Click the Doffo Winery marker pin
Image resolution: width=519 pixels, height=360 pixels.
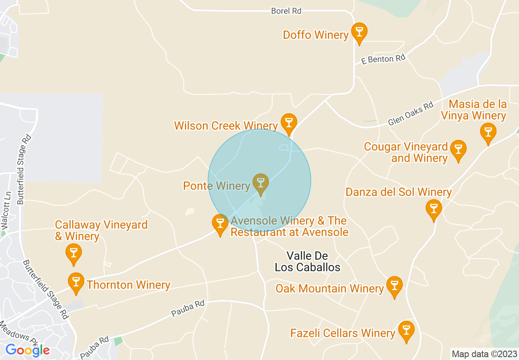click(359, 33)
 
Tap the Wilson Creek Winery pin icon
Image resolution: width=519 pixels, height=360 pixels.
click(289, 123)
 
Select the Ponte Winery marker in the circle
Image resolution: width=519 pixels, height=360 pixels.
click(260, 183)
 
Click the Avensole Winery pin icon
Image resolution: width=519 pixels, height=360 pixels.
click(220, 224)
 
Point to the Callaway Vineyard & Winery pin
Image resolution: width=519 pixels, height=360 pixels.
click(74, 254)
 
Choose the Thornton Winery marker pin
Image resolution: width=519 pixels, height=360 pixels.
click(76, 282)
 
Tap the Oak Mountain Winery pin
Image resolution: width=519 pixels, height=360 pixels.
click(395, 286)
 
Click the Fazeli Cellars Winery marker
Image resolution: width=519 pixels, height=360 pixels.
click(406, 331)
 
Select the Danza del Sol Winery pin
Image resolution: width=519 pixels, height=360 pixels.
click(433, 209)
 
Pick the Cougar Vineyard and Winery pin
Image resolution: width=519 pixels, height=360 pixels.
click(458, 150)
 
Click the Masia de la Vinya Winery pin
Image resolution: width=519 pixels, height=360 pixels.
click(488, 133)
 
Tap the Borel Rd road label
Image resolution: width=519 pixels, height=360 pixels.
click(286, 11)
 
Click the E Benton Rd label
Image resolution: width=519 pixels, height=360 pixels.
click(383, 60)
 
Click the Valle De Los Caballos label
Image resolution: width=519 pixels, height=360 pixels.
click(307, 262)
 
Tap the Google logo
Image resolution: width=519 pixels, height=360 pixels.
click(27, 351)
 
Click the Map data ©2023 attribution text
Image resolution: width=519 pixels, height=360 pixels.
click(483, 354)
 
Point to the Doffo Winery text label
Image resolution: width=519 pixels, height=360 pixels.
click(316, 35)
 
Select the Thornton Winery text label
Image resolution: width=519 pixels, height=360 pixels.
click(129, 285)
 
